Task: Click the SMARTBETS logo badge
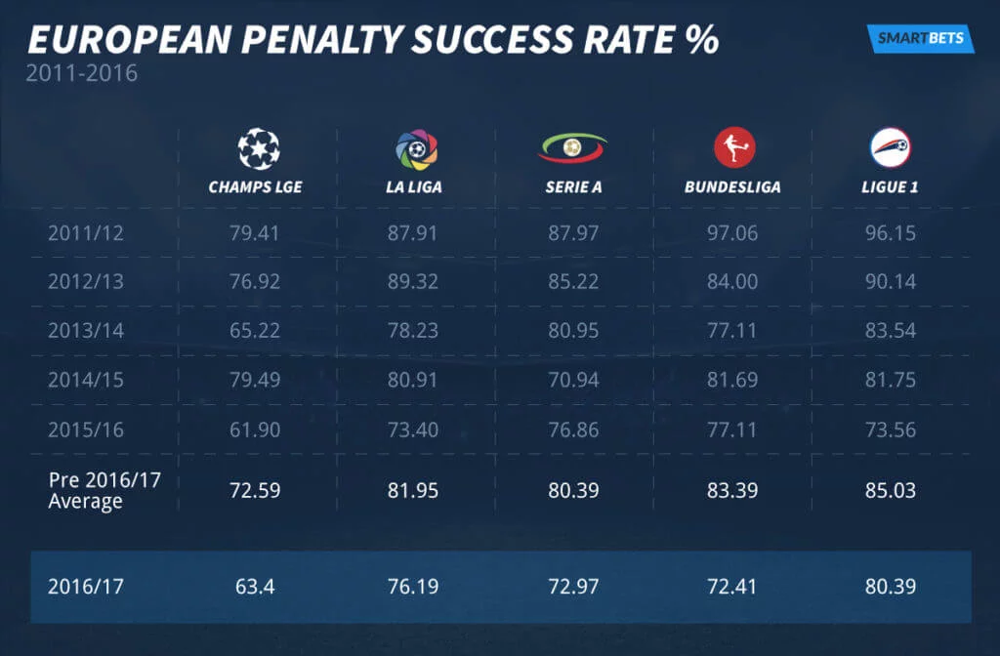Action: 920,38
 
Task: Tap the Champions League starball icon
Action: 258,148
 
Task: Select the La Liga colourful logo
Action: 417,149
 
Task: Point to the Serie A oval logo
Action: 572,148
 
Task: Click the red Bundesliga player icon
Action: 732,148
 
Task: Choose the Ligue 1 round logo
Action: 890,148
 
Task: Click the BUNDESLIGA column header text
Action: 732,186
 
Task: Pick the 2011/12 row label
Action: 86,233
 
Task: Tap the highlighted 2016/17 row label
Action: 86,587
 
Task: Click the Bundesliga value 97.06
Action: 732,233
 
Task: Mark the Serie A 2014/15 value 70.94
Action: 572,379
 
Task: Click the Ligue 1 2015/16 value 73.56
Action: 890,428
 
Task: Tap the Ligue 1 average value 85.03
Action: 890,490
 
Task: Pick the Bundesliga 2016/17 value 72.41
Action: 732,587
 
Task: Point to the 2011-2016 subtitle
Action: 83,74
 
